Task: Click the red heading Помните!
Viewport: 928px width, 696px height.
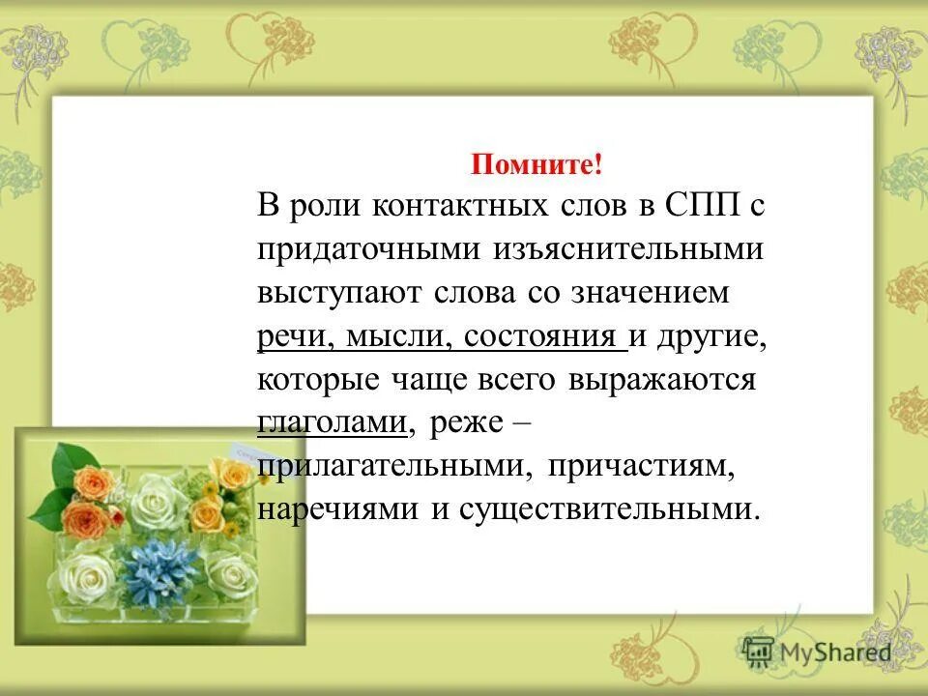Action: click(536, 164)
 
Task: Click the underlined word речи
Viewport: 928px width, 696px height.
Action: click(291, 336)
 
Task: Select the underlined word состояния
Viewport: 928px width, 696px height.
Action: click(541, 336)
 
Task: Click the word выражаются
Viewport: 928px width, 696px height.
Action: click(663, 380)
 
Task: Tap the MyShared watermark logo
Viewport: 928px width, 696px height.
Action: click(818, 652)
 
